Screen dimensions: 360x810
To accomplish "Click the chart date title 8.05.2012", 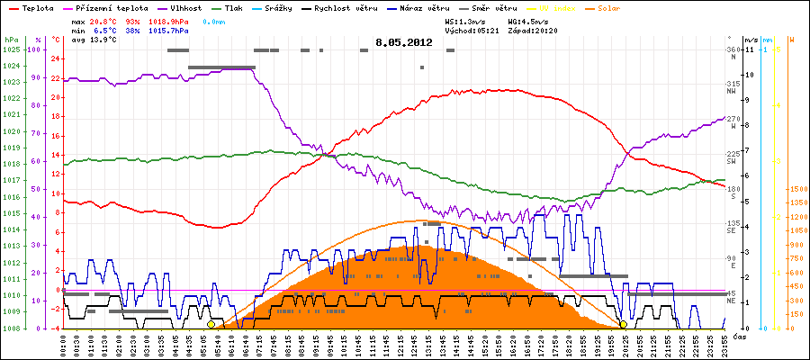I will pyautogui.click(x=404, y=41).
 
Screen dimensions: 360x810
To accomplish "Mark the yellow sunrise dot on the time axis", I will pyautogui.click(x=211, y=324).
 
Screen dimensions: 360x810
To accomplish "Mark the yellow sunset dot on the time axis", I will pyautogui.click(x=623, y=324).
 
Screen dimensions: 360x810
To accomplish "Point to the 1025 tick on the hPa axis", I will pyautogui.click(x=11, y=49).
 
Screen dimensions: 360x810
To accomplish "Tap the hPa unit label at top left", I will pyautogui.click(x=10, y=40).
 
